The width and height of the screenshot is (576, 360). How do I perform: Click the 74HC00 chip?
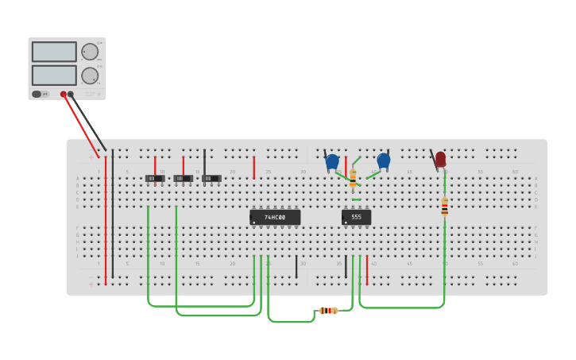coord(275,217)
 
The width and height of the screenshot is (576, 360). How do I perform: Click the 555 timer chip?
coord(356,217)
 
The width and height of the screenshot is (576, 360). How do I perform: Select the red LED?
coord(440,160)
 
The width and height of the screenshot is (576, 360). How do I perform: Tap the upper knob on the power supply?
coord(90,52)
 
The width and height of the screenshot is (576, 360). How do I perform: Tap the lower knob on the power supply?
coord(90,75)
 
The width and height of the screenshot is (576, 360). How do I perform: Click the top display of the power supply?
coord(54,52)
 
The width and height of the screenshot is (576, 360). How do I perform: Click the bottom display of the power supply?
coord(54,75)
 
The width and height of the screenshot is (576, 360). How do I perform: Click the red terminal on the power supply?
coord(64,94)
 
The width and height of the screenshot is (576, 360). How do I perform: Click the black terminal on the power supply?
coord(71,94)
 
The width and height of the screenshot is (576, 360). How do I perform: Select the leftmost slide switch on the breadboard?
coord(155,178)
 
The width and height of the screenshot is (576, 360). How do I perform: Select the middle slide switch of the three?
coord(184,178)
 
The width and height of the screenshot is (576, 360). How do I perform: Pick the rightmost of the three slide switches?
coord(211,178)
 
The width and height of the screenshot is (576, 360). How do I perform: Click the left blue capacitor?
coord(332,161)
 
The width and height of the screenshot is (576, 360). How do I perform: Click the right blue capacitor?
coord(384,161)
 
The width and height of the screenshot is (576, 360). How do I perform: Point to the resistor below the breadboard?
coord(328,310)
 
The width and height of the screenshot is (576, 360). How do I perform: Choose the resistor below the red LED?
coord(444,207)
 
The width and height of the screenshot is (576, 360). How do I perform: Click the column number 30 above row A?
coord(303,172)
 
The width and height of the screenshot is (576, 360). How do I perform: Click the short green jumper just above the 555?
coord(356,199)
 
